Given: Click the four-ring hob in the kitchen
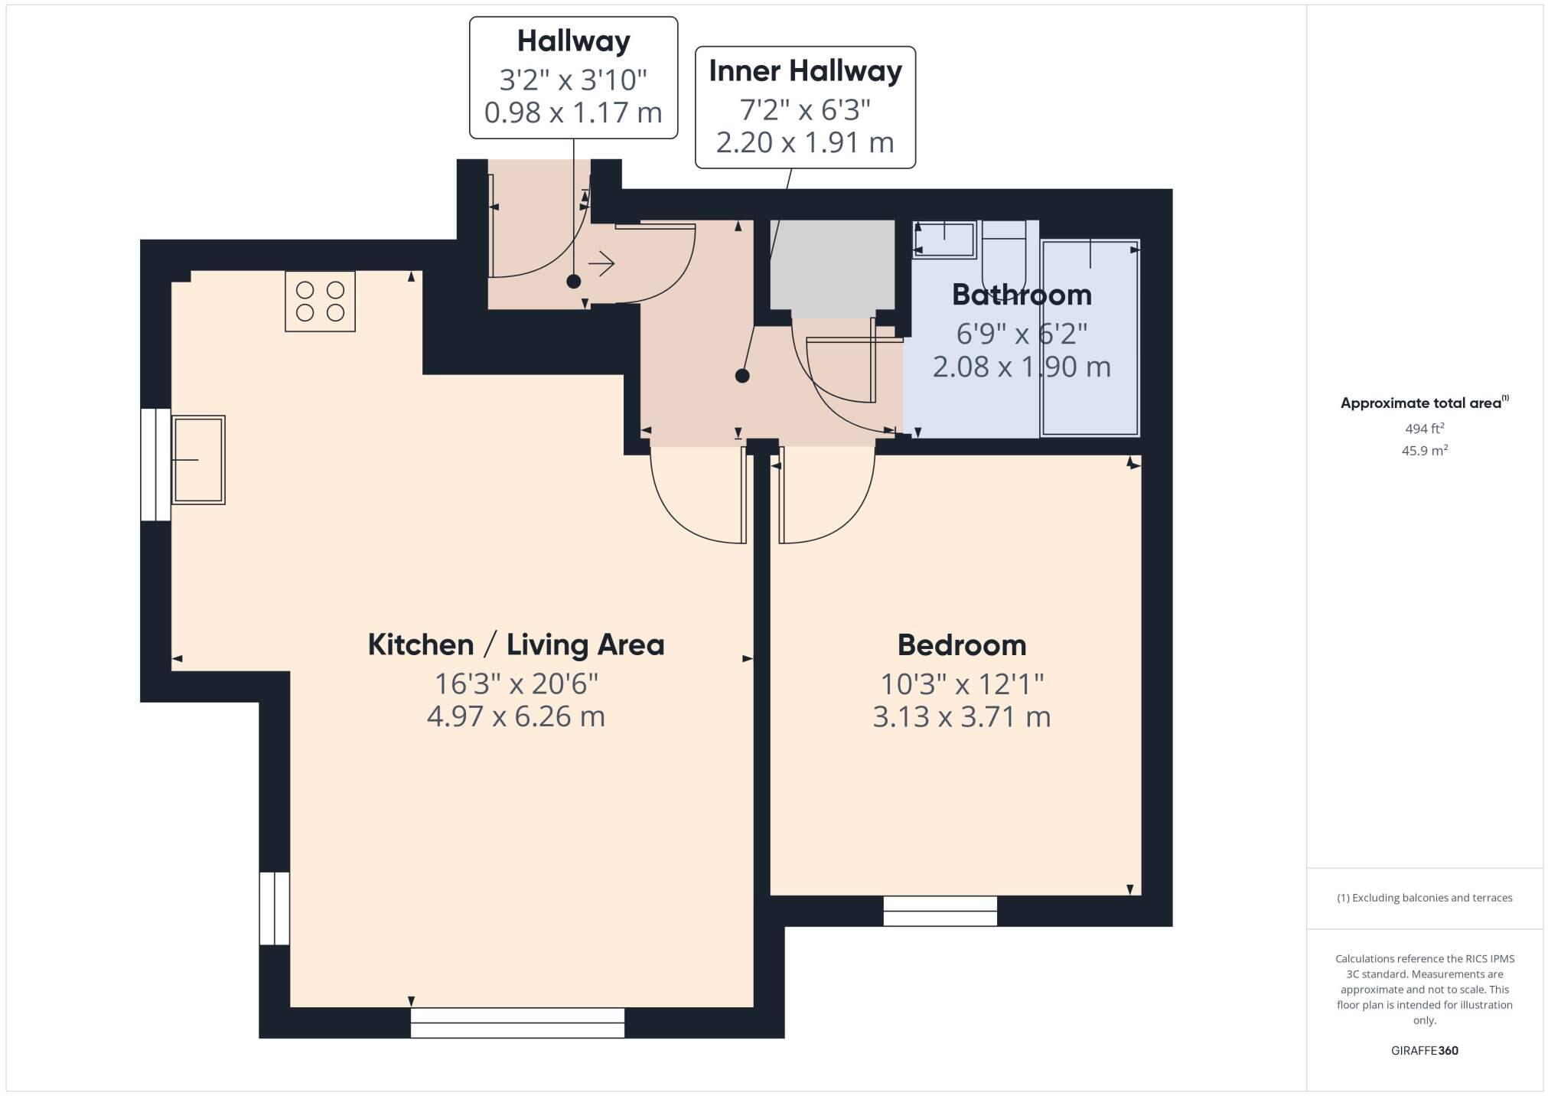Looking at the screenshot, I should point(320,301).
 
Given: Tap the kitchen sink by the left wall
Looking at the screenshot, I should point(198,459).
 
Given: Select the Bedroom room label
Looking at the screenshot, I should point(961,645).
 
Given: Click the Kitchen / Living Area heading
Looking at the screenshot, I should point(516,644).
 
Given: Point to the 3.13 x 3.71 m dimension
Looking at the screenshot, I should point(961,717).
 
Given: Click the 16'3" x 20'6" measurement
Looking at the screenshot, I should point(516,683).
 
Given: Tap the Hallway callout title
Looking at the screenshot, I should point(573,41).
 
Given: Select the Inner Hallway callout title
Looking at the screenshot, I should point(805,71).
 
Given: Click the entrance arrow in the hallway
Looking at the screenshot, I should point(601,264).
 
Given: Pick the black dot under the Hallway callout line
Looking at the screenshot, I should point(573,282).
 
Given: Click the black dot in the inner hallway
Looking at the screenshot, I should point(741,376).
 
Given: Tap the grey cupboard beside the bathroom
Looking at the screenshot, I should point(832,264).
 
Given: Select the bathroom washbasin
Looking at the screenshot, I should point(943,239).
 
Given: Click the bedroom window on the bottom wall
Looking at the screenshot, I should point(940,911).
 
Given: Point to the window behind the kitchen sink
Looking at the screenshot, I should point(155,465).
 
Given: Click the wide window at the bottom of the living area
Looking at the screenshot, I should point(517,1023).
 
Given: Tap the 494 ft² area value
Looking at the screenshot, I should point(1424,429).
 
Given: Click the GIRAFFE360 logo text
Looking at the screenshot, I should point(1424,1051).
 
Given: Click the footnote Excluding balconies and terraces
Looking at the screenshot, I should point(1424,898).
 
